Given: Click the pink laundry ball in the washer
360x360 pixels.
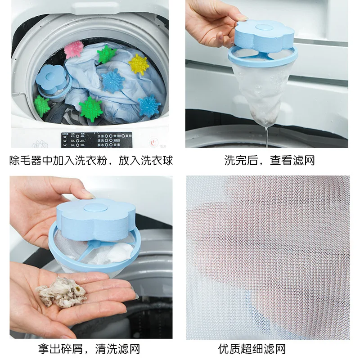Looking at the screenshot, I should tap(73, 49).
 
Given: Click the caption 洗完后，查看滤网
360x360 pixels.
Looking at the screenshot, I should tap(269, 160).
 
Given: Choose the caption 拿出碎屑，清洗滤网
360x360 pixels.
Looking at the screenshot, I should tap(90, 348).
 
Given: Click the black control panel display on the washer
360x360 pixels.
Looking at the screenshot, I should tap(94, 139).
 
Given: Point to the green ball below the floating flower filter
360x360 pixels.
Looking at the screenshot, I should tap(42, 106).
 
